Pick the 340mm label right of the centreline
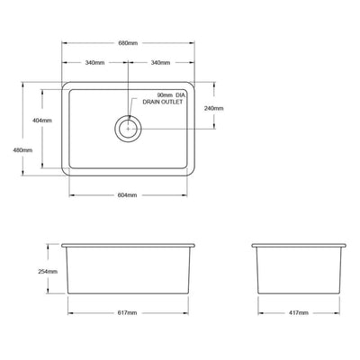click(x=162, y=63)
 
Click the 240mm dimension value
click(x=214, y=108)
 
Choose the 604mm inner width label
click(x=127, y=196)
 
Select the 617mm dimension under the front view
click(x=127, y=312)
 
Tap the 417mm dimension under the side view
click(x=299, y=312)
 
